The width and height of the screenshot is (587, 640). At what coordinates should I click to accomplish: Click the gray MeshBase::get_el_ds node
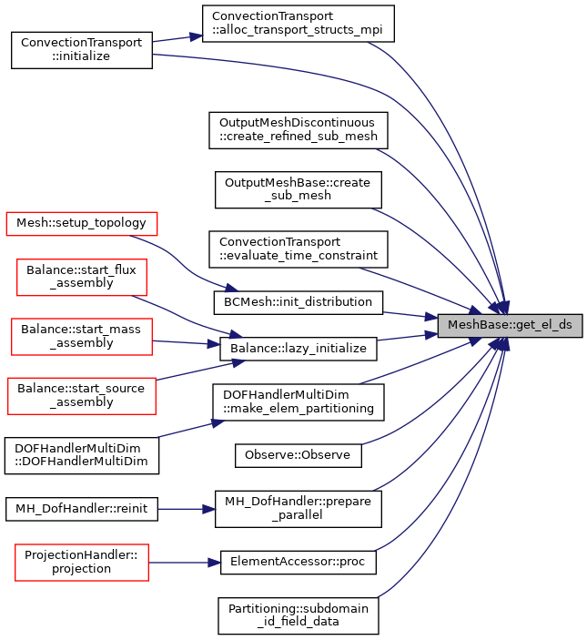tap(510, 326)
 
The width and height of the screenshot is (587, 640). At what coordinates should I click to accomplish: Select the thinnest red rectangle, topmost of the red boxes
tap(82, 224)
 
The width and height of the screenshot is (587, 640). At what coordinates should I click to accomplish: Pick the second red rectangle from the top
tap(82, 278)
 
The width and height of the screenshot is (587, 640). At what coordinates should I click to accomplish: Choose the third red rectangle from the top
tap(82, 337)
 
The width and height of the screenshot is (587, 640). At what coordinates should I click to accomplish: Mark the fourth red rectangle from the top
tap(82, 396)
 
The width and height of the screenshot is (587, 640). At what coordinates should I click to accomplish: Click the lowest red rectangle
tap(82, 563)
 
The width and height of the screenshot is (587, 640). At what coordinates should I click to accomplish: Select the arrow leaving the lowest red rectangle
tap(182, 563)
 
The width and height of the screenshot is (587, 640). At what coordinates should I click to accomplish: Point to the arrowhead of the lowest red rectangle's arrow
tap(216, 563)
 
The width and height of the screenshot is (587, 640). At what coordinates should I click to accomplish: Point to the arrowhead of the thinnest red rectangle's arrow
tap(232, 289)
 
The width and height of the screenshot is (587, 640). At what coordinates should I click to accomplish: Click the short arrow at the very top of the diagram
tap(177, 38)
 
